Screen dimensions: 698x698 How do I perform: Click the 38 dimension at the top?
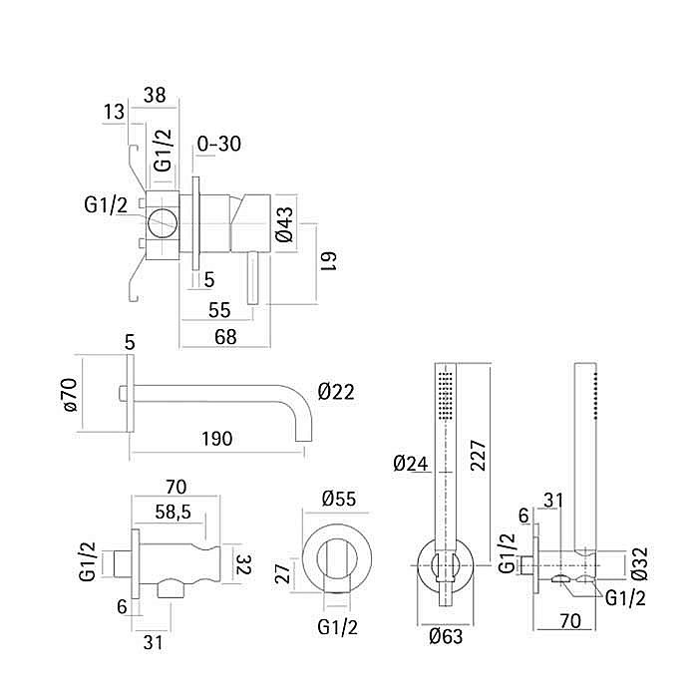pos(155,96)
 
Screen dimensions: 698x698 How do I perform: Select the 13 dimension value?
pos(114,112)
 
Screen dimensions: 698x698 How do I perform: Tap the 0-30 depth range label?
pos(219,144)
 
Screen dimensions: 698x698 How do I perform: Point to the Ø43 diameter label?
pos(284,224)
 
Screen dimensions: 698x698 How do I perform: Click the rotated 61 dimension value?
pos(329,261)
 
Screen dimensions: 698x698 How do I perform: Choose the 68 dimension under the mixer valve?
pos(225,337)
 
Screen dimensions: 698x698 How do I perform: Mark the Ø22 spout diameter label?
pos(336,392)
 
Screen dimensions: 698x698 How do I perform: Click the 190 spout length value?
pos(216,439)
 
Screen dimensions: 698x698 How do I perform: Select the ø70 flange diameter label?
pos(71,394)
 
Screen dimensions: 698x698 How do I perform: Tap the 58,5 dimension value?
pos(174,512)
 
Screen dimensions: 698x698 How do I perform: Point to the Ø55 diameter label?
pos(339,499)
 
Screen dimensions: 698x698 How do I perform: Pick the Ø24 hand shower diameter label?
pos(411,464)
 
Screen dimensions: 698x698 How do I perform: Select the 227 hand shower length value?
pos(479,456)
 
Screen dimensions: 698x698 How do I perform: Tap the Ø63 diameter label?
pos(446,636)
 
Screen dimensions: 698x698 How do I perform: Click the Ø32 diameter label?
pos(640,564)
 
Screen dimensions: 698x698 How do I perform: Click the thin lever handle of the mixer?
pos(252,277)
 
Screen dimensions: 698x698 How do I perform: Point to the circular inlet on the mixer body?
pos(163,222)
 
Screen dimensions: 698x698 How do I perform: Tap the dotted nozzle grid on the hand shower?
pos(445,395)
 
